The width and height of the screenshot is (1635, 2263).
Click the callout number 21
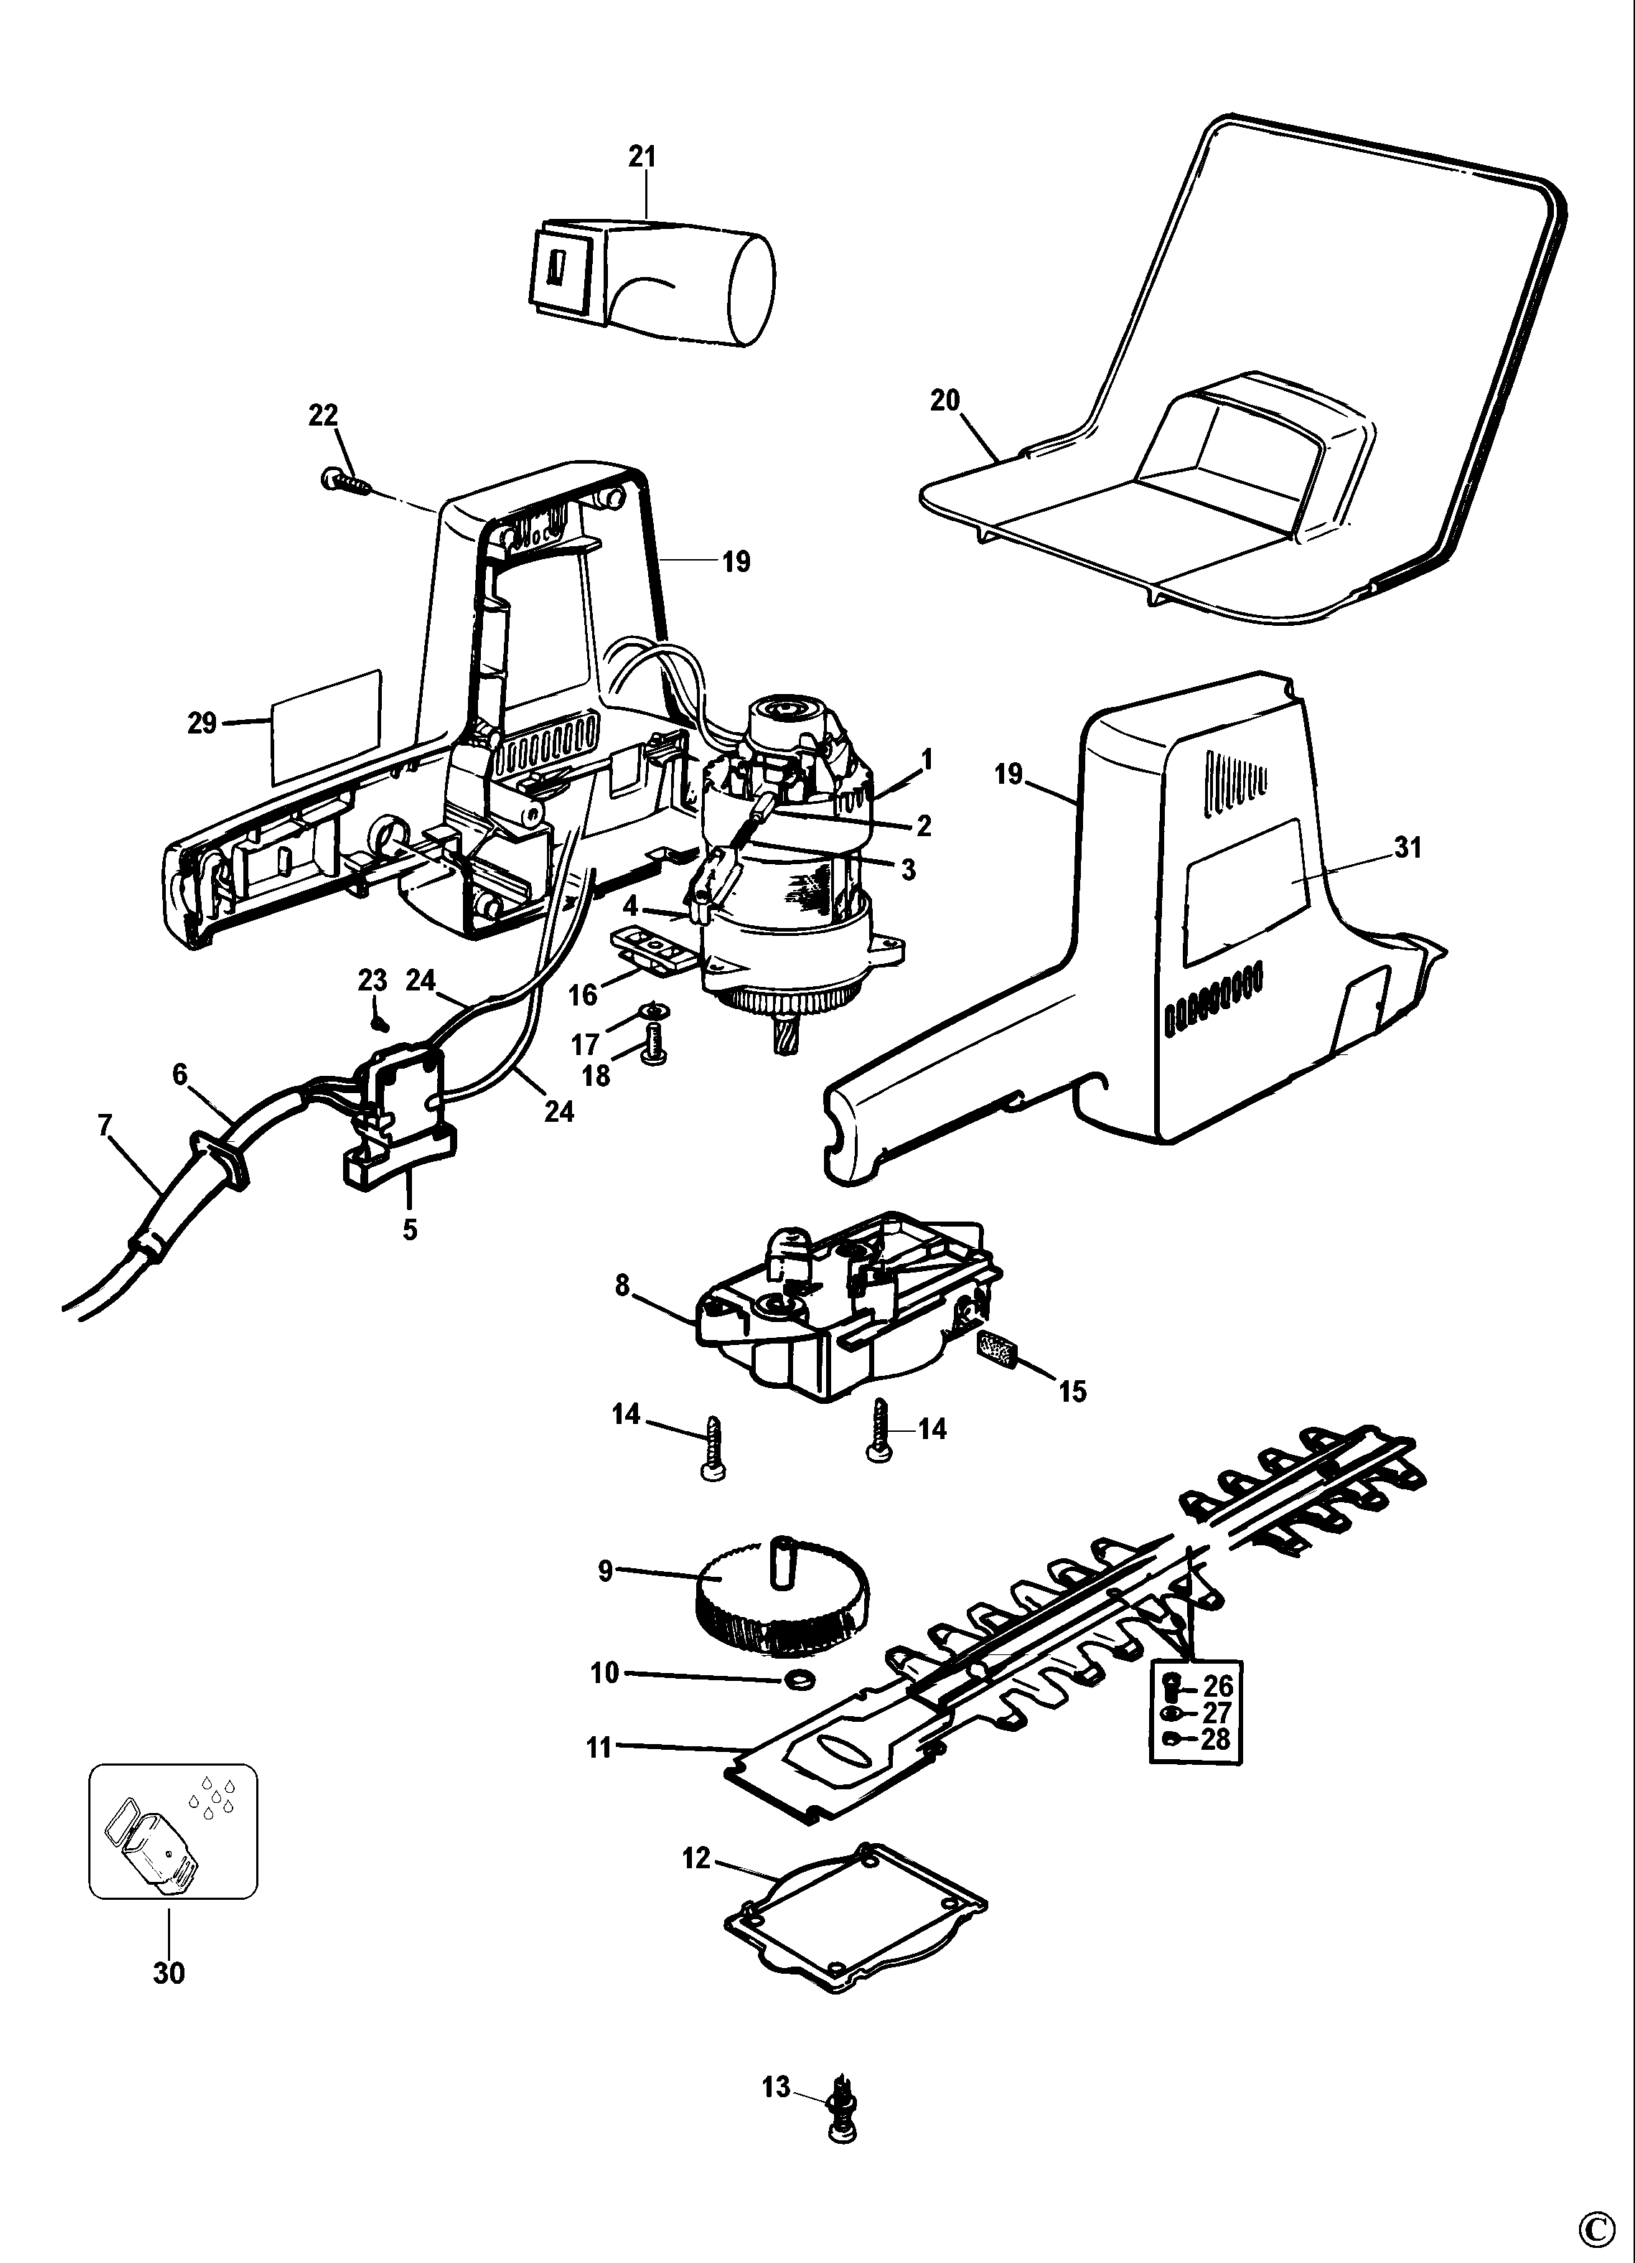(642, 156)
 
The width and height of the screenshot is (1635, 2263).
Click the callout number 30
(169, 1972)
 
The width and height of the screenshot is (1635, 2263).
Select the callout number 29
(202, 723)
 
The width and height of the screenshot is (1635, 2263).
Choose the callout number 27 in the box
(1219, 1713)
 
